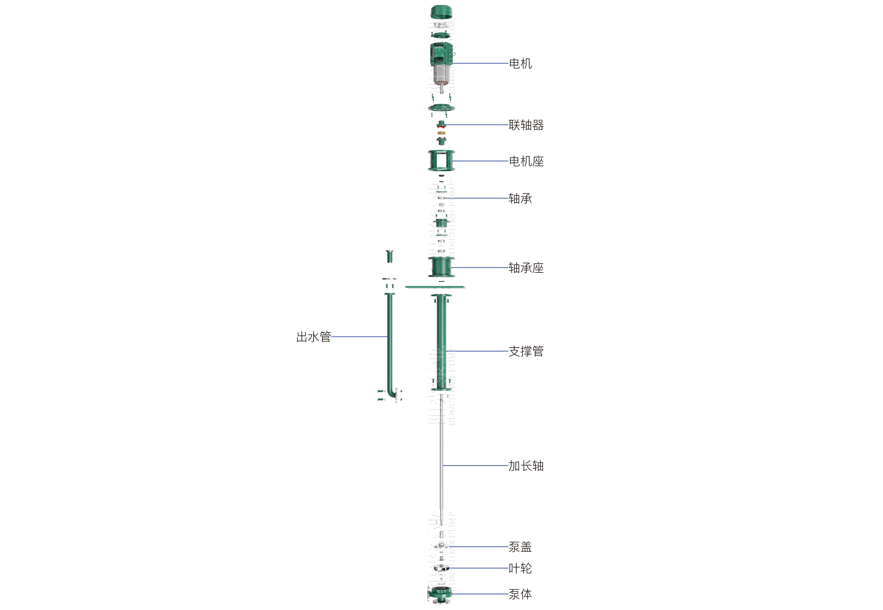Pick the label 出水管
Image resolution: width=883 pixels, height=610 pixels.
coord(313,337)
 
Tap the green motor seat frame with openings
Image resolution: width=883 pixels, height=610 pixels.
coord(441,161)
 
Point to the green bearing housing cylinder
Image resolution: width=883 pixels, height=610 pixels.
coord(441,267)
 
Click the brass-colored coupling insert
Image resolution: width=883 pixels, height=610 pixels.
coord(441,133)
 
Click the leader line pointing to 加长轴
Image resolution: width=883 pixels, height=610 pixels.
coord(476,466)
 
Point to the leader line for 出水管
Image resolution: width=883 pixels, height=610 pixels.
coord(359,337)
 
